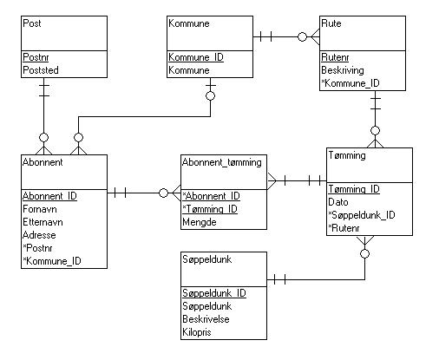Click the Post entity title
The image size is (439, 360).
click(x=32, y=23)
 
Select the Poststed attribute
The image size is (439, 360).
click(x=41, y=70)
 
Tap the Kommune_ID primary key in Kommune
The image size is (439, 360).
click(x=196, y=57)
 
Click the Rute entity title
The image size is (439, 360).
click(x=331, y=23)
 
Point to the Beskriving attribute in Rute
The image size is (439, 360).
click(x=343, y=70)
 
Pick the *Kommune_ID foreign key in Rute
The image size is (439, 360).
click(x=351, y=83)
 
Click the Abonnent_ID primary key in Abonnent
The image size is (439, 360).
click(x=49, y=196)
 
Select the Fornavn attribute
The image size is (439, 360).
click(x=40, y=209)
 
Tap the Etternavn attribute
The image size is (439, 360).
click(x=43, y=222)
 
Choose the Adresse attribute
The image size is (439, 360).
click(x=39, y=235)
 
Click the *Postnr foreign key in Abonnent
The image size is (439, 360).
click(x=37, y=248)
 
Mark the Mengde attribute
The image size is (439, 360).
click(x=200, y=222)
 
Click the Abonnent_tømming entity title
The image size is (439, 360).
click(x=222, y=162)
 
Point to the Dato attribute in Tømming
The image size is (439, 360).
click(x=338, y=202)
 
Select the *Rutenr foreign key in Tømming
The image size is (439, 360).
click(x=344, y=228)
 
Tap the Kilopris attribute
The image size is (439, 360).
click(x=197, y=332)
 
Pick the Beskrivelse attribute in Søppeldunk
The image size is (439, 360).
click(x=206, y=319)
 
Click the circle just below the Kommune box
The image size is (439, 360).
click(x=210, y=95)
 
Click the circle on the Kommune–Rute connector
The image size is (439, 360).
click(x=302, y=36)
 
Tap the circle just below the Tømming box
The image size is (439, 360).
click(x=365, y=254)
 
